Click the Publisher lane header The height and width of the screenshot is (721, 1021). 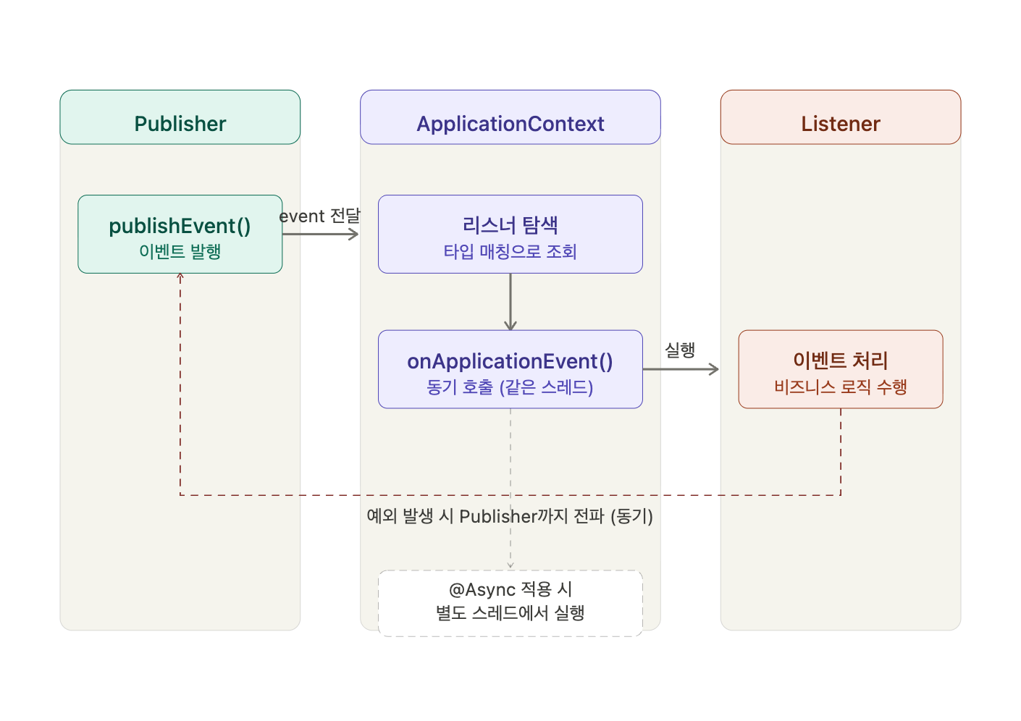pyautogui.click(x=180, y=117)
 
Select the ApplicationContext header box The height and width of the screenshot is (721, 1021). pyautogui.click(x=510, y=117)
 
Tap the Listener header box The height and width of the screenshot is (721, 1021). pyautogui.click(x=841, y=117)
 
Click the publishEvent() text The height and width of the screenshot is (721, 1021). pyautogui.click(x=180, y=226)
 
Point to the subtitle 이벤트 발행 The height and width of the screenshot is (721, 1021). pyautogui.click(x=180, y=251)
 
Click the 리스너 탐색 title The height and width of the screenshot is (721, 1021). pyautogui.click(x=510, y=225)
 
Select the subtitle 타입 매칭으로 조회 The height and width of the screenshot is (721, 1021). pyautogui.click(x=510, y=252)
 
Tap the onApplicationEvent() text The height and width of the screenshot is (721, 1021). pyautogui.click(x=510, y=361)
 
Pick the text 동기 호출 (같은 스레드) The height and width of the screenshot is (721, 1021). pyautogui.click(x=510, y=387)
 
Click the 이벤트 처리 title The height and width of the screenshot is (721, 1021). pyautogui.click(x=841, y=360)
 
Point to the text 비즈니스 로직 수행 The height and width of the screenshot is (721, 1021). pyautogui.click(x=841, y=387)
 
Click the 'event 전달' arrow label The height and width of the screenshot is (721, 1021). pyautogui.click(x=319, y=216)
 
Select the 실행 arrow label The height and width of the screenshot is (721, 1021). pyautogui.click(x=680, y=350)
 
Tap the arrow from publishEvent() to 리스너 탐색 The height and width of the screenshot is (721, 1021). pyautogui.click(x=321, y=235)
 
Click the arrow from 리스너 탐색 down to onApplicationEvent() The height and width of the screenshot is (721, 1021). pyautogui.click(x=510, y=302)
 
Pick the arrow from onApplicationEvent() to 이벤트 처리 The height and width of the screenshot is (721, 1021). pyautogui.click(x=681, y=369)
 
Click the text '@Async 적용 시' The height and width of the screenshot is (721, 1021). pyautogui.click(x=510, y=589)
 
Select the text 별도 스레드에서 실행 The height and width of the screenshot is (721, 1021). pyautogui.click(x=510, y=612)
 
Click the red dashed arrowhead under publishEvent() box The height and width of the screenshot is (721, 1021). pyautogui.click(x=180, y=276)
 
